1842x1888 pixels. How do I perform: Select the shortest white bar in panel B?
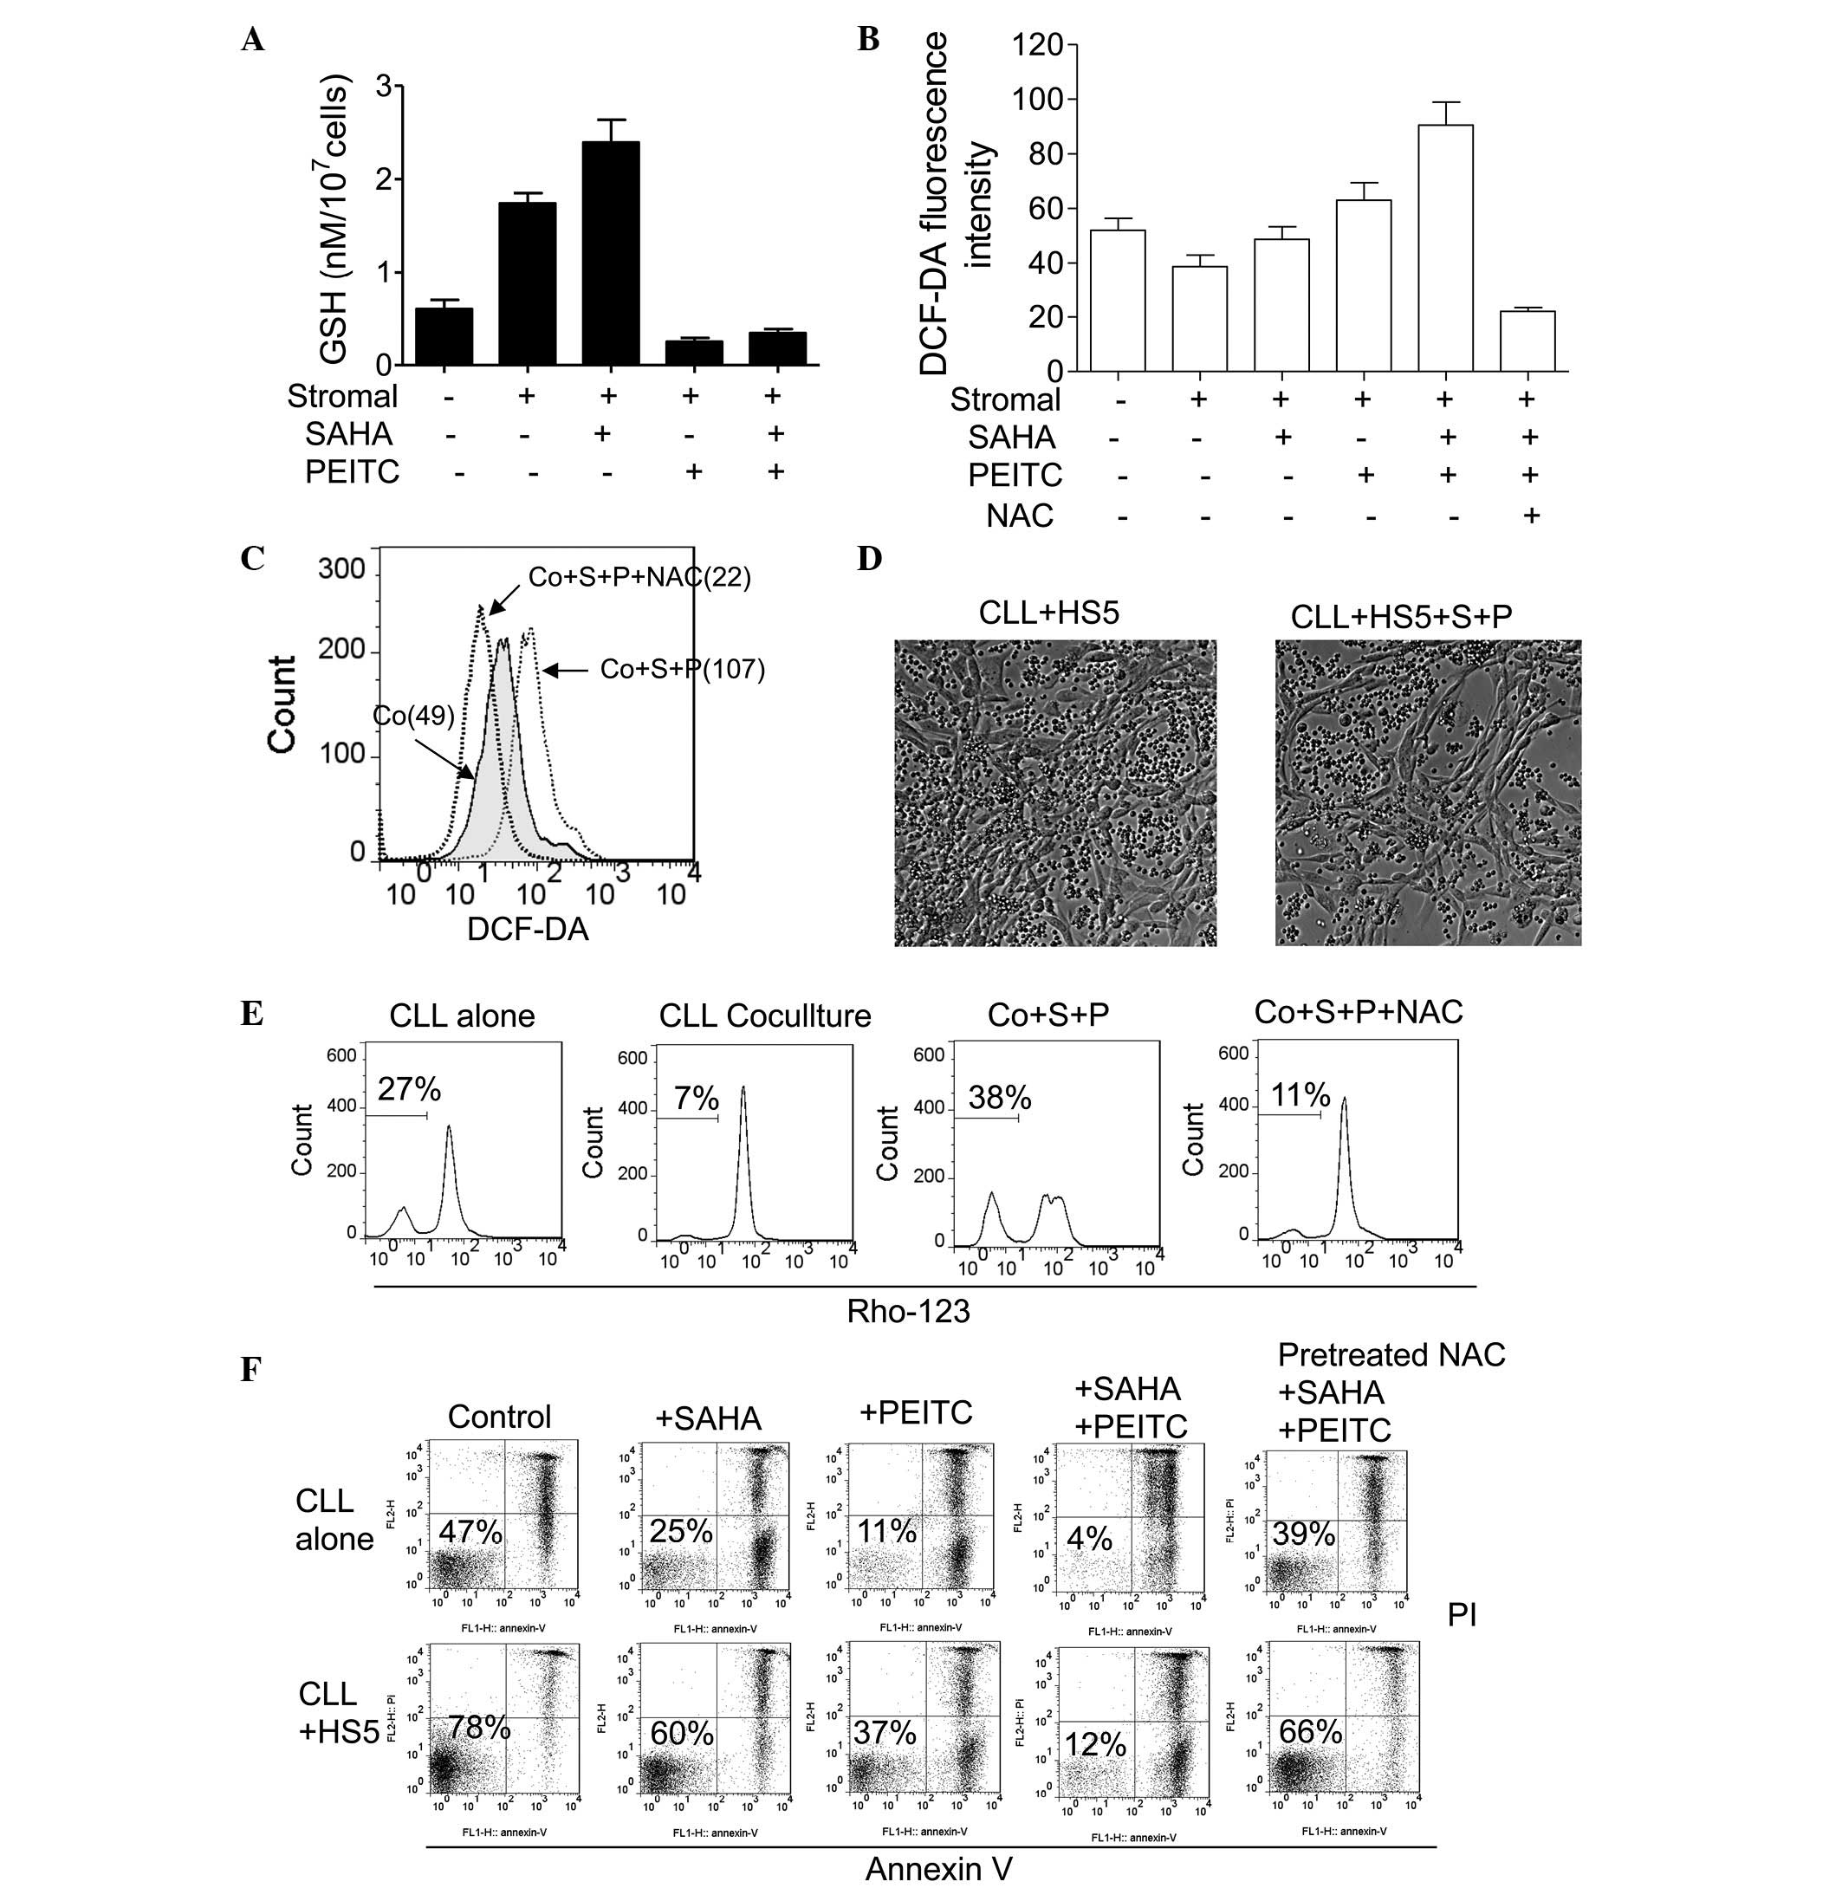[x=1527, y=341]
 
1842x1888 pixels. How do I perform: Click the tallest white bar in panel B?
[x=1445, y=248]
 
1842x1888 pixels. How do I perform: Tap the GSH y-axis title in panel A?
[x=333, y=224]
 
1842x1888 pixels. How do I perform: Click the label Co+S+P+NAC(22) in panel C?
[x=639, y=577]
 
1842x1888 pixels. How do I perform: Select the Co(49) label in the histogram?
[x=413, y=716]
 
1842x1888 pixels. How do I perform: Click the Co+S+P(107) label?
[x=682, y=669]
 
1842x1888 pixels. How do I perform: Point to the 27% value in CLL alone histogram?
[x=409, y=1090]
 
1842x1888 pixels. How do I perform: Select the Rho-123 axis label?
[x=907, y=1311]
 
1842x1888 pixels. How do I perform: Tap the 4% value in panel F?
[x=1089, y=1538]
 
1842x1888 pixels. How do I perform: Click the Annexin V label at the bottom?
[x=938, y=1869]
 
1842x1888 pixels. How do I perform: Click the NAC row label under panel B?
[x=1020, y=516]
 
